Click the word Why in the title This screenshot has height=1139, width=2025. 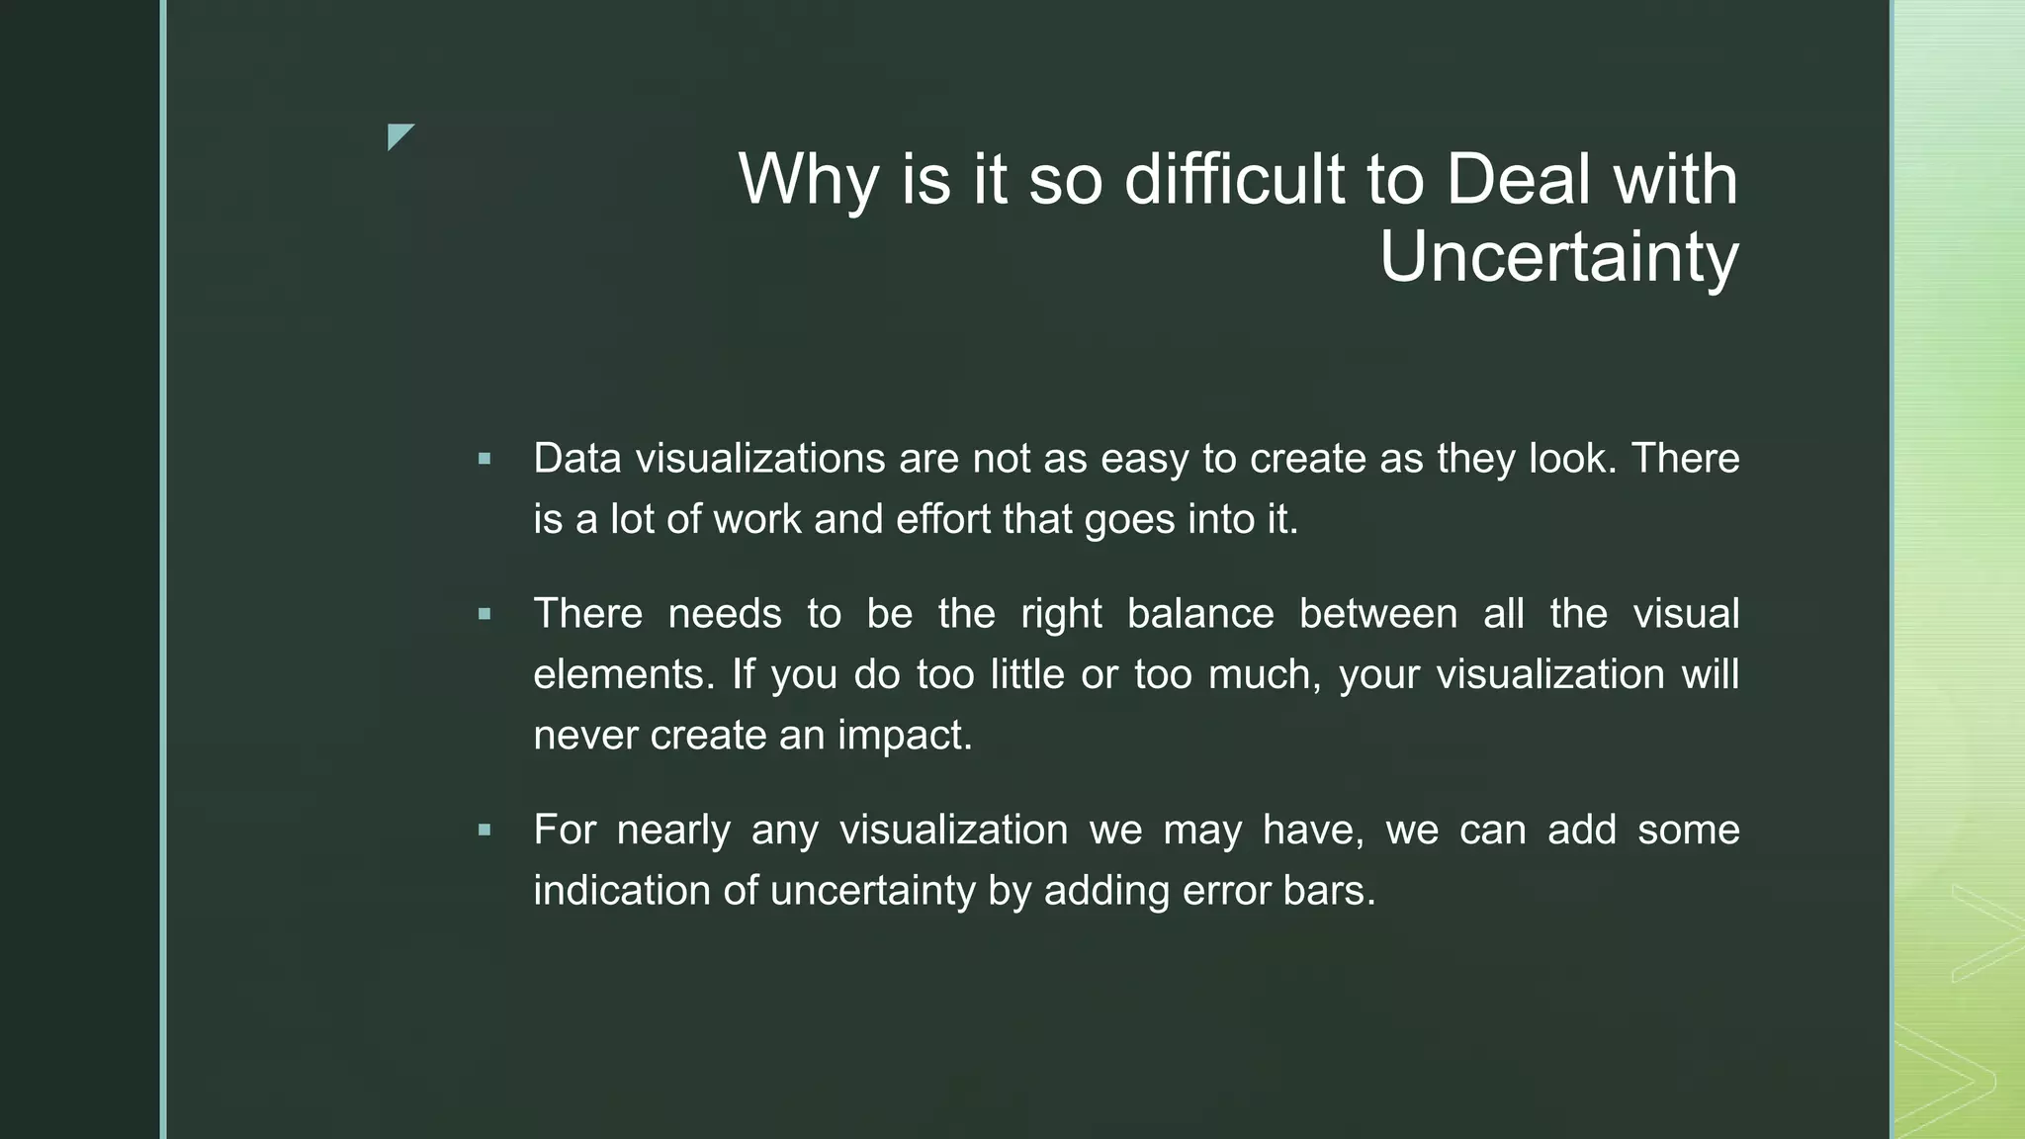(808, 180)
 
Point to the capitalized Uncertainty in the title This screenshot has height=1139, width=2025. (1558, 257)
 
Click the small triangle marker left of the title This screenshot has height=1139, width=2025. (398, 135)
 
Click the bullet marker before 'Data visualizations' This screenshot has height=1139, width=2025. (484, 459)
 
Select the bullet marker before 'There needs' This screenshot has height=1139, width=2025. (484, 614)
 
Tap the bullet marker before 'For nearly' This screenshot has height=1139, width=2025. (484, 830)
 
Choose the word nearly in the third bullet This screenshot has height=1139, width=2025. (673, 830)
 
